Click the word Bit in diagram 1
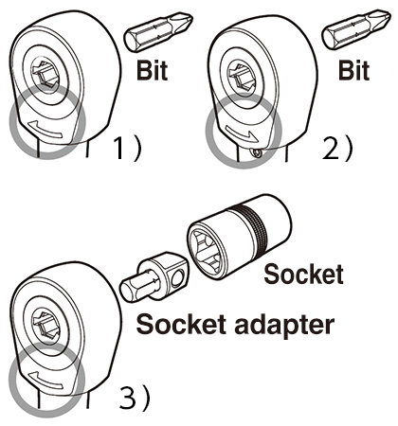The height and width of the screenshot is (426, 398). (x=152, y=70)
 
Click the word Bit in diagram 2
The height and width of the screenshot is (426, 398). (x=353, y=70)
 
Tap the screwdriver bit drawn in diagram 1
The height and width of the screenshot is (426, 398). (x=158, y=31)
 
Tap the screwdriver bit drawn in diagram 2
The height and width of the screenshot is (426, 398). (x=356, y=29)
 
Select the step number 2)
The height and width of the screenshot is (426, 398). (x=337, y=148)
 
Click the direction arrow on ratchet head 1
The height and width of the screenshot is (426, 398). (x=45, y=130)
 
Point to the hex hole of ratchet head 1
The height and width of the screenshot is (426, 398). (x=45, y=73)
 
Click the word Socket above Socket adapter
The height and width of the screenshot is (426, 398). (x=303, y=274)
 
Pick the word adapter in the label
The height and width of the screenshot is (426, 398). (x=284, y=325)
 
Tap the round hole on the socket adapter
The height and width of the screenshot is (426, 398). (x=178, y=277)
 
